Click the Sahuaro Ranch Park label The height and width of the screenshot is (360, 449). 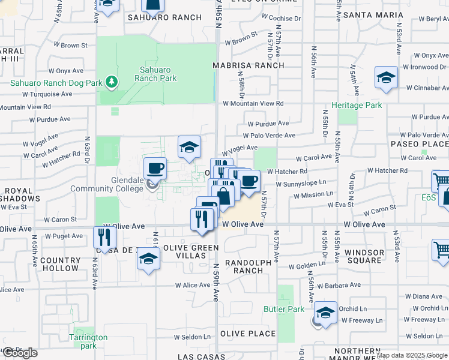[155, 74]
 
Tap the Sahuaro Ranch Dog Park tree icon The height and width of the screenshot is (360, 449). [110, 80]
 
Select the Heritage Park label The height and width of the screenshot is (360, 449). [357, 105]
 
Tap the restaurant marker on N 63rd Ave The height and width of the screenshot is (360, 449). [104, 238]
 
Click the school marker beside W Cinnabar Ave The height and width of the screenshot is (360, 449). [386, 77]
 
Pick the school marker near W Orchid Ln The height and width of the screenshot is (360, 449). [325, 313]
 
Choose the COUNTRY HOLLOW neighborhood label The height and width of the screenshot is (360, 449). [61, 265]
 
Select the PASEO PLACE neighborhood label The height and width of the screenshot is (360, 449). [420, 144]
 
